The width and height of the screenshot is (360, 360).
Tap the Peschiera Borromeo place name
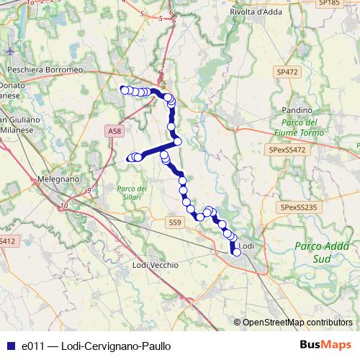tap(44, 70)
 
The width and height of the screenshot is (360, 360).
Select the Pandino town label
tap(297, 109)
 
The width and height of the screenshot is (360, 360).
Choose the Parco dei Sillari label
tap(131, 193)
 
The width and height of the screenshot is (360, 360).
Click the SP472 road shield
tap(286, 72)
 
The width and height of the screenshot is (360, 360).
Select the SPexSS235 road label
tap(299, 207)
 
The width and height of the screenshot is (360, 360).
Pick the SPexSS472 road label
tap(287, 150)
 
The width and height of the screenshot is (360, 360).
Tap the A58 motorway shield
tap(114, 131)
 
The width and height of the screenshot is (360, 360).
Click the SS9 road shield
tap(175, 223)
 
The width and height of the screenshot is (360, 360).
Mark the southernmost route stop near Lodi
tap(236, 252)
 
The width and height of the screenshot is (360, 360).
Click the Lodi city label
tap(247, 246)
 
